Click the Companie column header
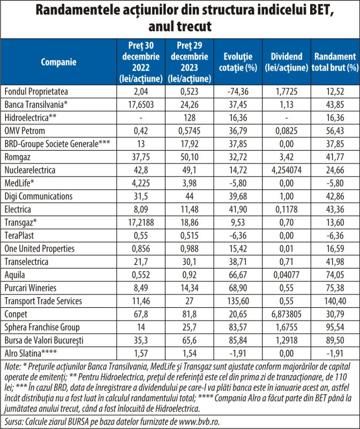pos(58,62)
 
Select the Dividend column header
pos(287,62)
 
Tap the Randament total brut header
pos(335,62)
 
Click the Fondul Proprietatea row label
pos(36,91)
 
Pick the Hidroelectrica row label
pos(31,117)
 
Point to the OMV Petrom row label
pos(25,131)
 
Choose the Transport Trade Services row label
pos(43,301)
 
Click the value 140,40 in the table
pos(335,301)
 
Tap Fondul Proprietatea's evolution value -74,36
pos(238,91)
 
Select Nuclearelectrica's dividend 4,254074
pos(287,170)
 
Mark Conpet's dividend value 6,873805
pos(287,314)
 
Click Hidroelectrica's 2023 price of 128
pos(190,117)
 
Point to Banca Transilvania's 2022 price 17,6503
pos(141,105)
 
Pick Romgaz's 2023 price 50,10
pos(190,157)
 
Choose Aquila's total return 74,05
pos(335,275)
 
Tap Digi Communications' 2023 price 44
pos(190,196)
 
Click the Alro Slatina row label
pos(31,353)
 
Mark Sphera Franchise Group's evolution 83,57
pos(238,327)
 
